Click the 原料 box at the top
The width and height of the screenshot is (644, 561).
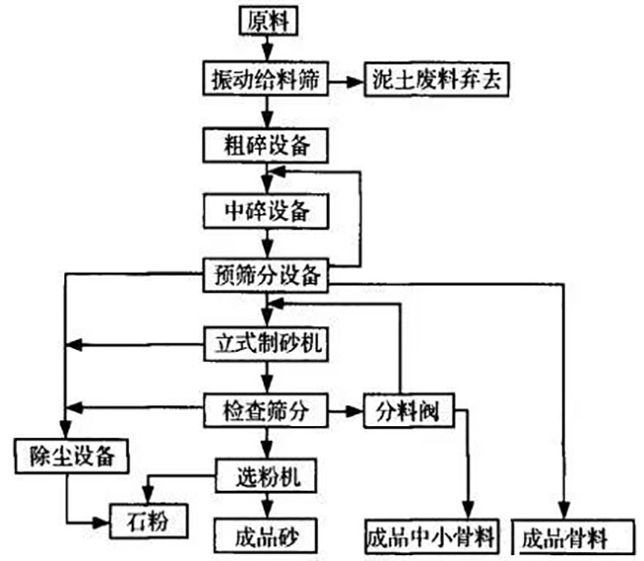click(x=266, y=18)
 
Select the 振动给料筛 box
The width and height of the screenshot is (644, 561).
click(x=265, y=79)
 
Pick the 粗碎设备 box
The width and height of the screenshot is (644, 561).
click(x=265, y=145)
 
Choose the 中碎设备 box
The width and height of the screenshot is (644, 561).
click(x=265, y=209)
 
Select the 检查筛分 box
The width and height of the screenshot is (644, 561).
click(x=265, y=408)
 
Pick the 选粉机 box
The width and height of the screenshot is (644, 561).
click(x=265, y=477)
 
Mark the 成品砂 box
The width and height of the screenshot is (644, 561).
click(x=265, y=537)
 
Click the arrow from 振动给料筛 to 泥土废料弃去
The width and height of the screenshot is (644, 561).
click(x=344, y=79)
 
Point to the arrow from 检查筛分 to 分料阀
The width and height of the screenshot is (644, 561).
click(x=344, y=408)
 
